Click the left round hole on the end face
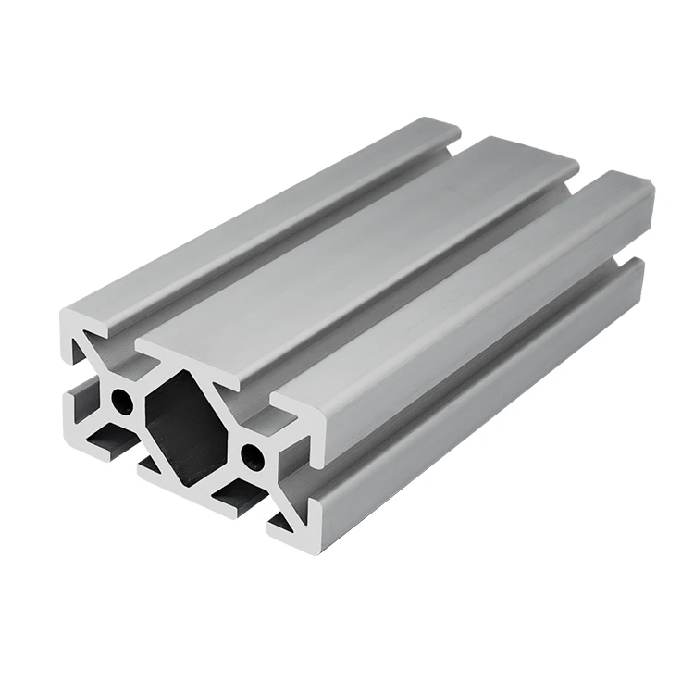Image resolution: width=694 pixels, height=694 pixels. tap(121, 401)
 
